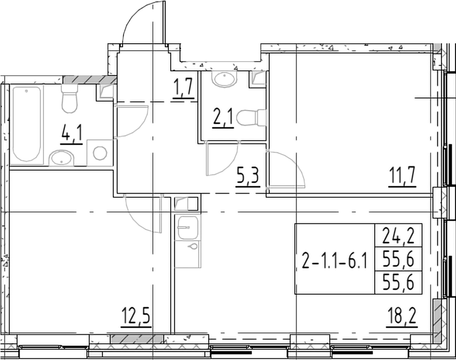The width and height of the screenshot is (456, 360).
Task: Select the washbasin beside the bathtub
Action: (62, 157)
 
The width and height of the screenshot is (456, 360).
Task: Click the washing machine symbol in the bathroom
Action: (100, 153)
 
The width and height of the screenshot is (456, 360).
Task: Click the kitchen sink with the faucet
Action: (187, 227)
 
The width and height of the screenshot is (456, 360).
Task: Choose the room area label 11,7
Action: (402, 177)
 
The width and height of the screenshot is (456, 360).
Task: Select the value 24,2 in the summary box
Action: (398, 235)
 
